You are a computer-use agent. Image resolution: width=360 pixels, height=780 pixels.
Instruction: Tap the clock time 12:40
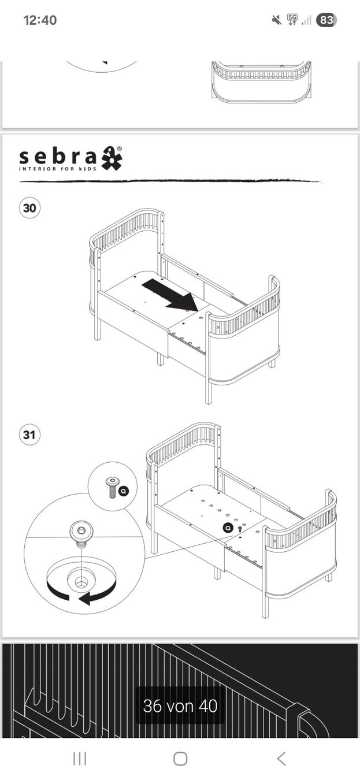(x=40, y=20)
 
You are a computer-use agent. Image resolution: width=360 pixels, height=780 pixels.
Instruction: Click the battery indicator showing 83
(x=326, y=20)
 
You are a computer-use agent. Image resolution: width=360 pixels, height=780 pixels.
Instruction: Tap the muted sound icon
(x=277, y=20)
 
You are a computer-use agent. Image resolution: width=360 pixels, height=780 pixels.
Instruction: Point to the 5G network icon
(x=292, y=20)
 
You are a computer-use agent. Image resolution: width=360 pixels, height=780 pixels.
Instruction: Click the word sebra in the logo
(x=58, y=157)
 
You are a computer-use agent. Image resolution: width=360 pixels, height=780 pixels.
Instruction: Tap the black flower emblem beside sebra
(x=112, y=158)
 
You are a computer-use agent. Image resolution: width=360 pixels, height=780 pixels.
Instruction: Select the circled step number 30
(x=29, y=208)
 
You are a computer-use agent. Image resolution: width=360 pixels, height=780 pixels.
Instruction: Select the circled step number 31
(x=29, y=434)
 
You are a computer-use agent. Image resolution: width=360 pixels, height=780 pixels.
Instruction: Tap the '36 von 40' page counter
(x=180, y=705)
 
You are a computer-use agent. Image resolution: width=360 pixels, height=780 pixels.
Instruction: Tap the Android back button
(x=281, y=758)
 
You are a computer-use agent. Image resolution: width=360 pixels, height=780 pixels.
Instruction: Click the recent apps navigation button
(x=80, y=759)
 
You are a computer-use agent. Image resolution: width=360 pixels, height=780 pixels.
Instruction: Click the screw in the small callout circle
(x=112, y=487)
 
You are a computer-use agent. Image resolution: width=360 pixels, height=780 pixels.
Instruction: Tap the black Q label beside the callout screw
(x=124, y=491)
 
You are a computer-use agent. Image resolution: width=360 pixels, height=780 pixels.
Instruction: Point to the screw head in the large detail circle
(x=81, y=531)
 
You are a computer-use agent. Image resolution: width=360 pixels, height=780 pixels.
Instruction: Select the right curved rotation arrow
(x=98, y=594)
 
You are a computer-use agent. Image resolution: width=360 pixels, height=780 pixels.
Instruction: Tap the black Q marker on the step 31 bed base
(x=228, y=528)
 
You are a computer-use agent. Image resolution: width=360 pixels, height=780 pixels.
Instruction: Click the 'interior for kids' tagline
(x=58, y=169)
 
